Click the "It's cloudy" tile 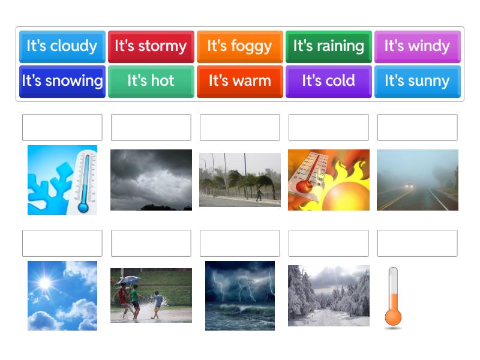click(x=62, y=46)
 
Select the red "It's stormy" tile click(x=151, y=46)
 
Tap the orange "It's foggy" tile click(x=239, y=46)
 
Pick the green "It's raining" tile click(x=328, y=46)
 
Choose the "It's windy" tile click(x=417, y=46)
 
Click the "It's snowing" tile click(x=62, y=81)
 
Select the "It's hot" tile click(x=151, y=81)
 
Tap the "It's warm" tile click(x=239, y=81)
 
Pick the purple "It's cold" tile click(x=328, y=81)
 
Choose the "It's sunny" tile click(x=417, y=81)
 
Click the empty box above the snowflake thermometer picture click(x=62, y=127)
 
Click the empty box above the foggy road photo click(x=417, y=127)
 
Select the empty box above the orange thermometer click(x=417, y=243)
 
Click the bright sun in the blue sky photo click(x=45, y=282)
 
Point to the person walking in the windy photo click(x=259, y=194)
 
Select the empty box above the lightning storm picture click(x=239, y=243)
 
